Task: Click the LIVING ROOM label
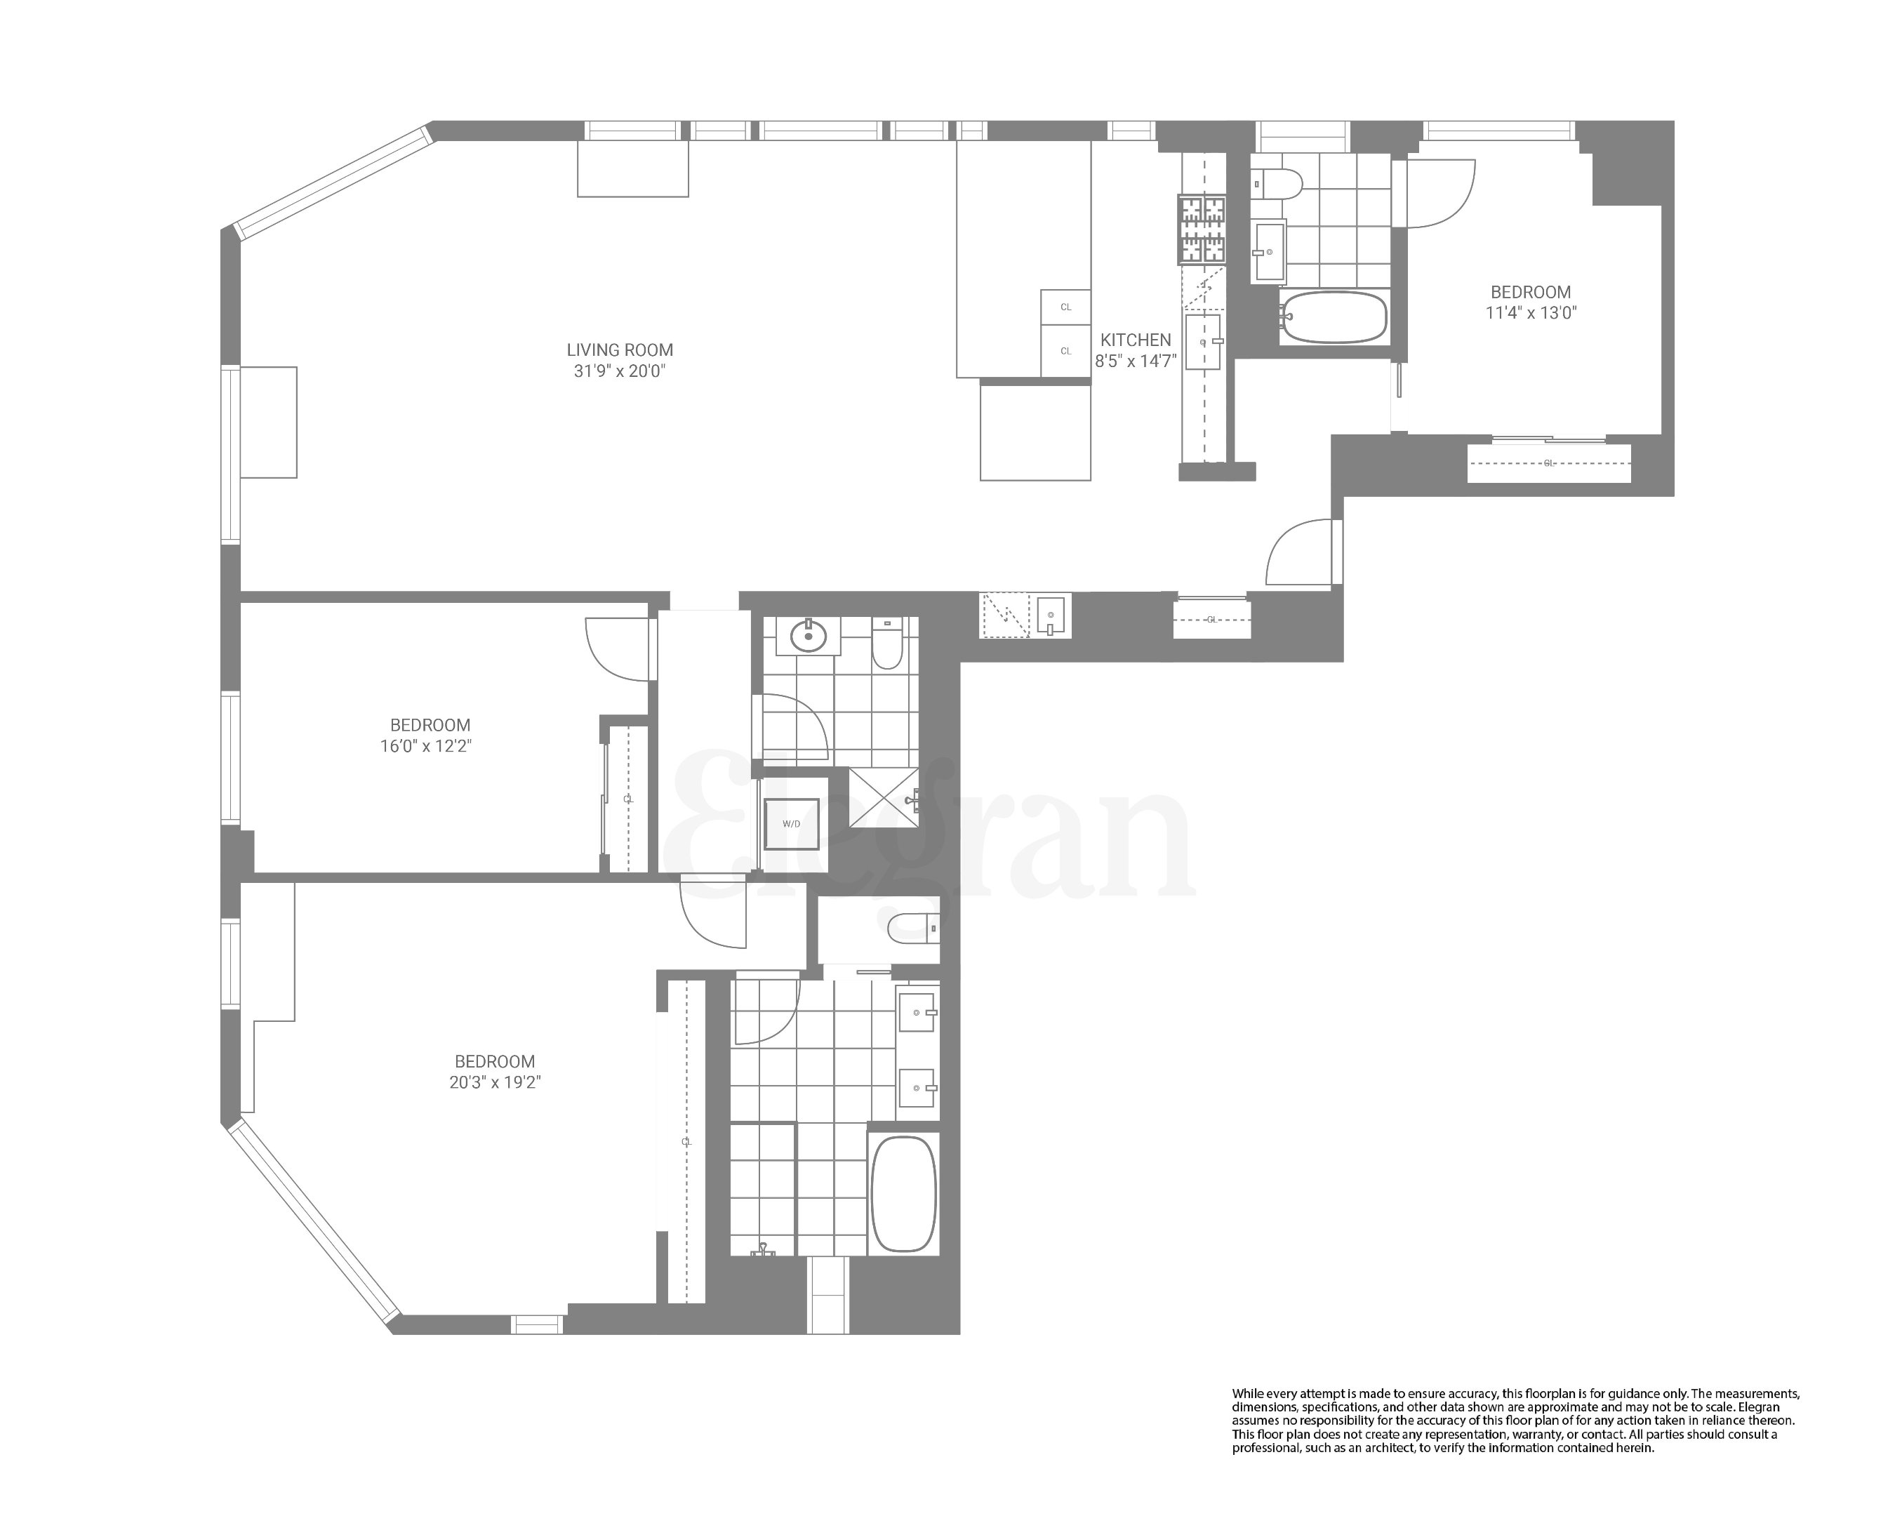click(x=620, y=350)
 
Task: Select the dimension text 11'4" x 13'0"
click(x=1531, y=313)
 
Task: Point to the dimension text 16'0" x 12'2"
click(x=431, y=746)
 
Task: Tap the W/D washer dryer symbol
click(x=792, y=823)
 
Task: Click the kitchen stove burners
click(x=1202, y=230)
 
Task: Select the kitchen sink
click(x=1202, y=342)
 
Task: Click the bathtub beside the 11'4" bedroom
click(x=1334, y=317)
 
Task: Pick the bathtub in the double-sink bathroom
click(x=903, y=1193)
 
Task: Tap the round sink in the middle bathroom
click(x=809, y=635)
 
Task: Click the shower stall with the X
click(x=884, y=797)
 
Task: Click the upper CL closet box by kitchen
click(x=1066, y=307)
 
